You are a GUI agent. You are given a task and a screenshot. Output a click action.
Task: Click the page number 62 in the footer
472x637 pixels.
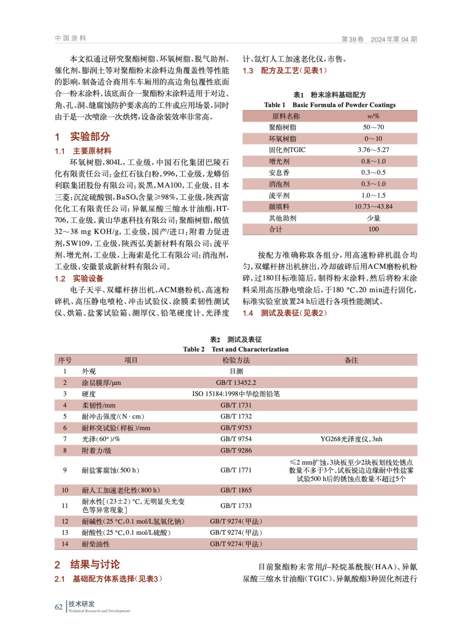tap(58, 607)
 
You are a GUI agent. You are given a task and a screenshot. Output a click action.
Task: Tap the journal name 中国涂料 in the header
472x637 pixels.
tap(70, 38)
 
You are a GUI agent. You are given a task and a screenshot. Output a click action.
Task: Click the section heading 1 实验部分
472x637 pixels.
tap(82, 137)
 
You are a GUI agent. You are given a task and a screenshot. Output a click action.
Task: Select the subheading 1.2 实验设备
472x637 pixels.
tap(79, 278)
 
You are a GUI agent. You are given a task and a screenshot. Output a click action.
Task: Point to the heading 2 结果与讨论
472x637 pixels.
tap(87, 564)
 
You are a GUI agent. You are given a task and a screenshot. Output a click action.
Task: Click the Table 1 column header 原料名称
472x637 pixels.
tap(286, 116)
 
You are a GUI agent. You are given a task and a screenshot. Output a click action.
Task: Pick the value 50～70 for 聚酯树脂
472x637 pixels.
tap(373, 127)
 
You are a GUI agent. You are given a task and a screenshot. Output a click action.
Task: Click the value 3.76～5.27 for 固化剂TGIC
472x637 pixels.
tap(373, 150)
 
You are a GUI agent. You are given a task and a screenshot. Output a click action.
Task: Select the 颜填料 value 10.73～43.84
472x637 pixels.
tap(373, 207)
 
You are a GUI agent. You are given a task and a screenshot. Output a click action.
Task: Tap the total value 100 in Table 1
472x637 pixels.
tap(373, 229)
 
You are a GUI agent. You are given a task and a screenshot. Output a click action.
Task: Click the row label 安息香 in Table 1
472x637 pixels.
tap(279, 173)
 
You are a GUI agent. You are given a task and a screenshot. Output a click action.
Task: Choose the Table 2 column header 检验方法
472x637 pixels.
tap(236, 360)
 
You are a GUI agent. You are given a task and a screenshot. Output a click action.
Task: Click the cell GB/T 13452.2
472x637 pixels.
tap(236, 383)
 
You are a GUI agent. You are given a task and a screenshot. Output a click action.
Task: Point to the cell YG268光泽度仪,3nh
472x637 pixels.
tap(352, 439)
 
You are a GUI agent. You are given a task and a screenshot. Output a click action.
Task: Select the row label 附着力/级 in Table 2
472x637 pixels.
tap(97, 451)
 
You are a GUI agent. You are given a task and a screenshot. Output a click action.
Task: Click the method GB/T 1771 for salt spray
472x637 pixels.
tap(236, 470)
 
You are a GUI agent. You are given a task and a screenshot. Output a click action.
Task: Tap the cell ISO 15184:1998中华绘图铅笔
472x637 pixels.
tap(236, 394)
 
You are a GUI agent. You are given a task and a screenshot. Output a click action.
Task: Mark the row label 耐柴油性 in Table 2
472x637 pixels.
tap(96, 544)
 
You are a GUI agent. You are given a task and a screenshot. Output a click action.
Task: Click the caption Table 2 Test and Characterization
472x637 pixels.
tap(236, 349)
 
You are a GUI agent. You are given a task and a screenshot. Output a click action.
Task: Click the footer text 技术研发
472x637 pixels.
tap(82, 604)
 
